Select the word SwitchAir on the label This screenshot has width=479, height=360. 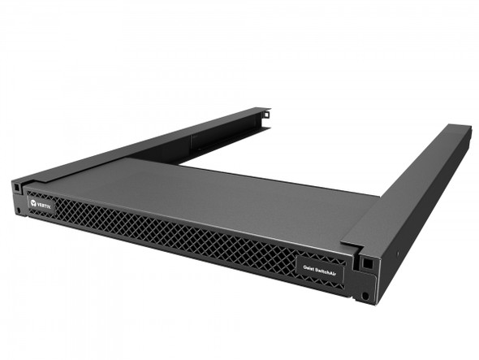click(326, 267)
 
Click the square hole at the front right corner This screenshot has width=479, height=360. click(367, 264)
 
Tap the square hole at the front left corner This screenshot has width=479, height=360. click(16, 186)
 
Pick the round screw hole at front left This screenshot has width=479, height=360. click(17, 210)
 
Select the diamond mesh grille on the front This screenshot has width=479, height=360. click(162, 232)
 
